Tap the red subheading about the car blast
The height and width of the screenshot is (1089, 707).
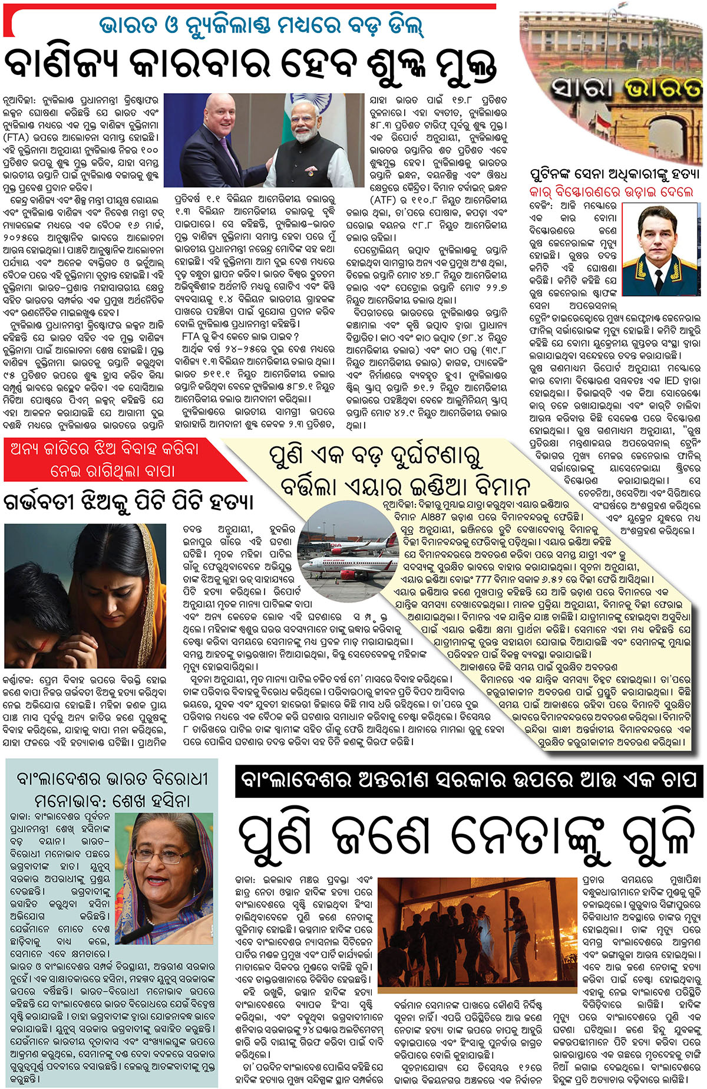coord(611,192)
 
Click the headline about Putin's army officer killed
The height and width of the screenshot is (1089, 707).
coord(615,174)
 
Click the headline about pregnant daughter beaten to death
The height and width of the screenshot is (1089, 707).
coord(128,502)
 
